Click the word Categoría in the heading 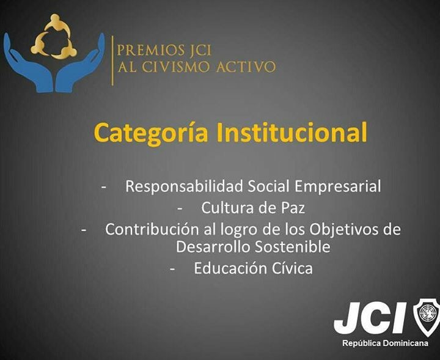(x=151, y=133)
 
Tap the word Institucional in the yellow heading (x=292, y=131)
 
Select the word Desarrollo (x=213, y=247)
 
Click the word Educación (x=230, y=268)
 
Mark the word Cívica (x=292, y=268)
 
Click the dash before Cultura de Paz (x=180, y=209)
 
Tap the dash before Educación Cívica (x=172, y=269)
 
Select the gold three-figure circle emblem (x=54, y=37)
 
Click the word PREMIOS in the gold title (x=148, y=50)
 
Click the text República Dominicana (x=385, y=343)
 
